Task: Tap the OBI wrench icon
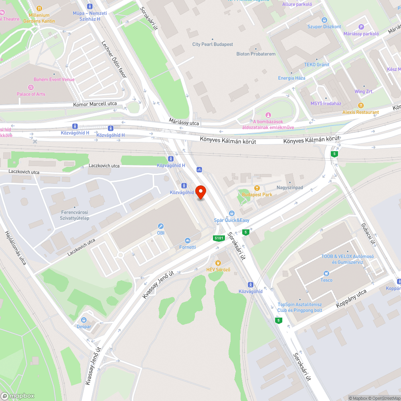[x=161, y=226]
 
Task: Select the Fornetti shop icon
[x=187, y=241]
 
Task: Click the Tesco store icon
[x=326, y=273]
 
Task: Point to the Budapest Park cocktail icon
[x=257, y=188]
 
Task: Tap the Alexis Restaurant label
[x=360, y=112]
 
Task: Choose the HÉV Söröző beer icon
[x=218, y=263]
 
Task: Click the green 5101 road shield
[x=219, y=238]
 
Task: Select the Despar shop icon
[x=84, y=320]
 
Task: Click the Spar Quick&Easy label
[x=231, y=220]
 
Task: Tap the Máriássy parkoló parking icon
[x=361, y=27]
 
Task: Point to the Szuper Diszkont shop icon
[x=324, y=20]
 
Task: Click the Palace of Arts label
[x=31, y=94]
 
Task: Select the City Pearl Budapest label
[x=213, y=45]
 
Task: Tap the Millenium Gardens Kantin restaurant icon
[x=39, y=8]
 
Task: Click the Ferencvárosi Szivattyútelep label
[x=75, y=215]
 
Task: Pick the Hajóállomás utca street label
[x=16, y=248]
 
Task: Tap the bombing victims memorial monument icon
[x=268, y=115]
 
